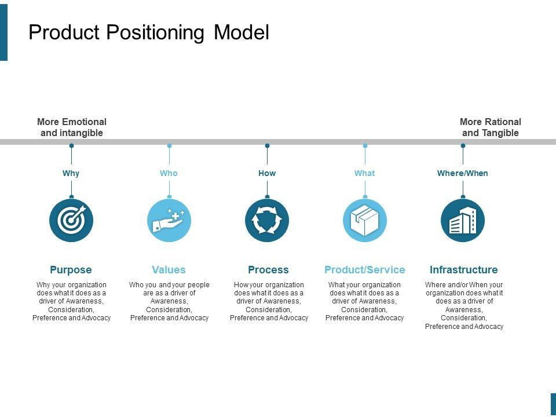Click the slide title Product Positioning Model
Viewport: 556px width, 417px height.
[149, 32]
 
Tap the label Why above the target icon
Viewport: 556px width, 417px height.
[71, 173]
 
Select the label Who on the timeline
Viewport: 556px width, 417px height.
[169, 173]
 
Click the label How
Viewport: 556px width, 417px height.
[267, 173]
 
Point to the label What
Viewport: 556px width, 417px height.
[364, 173]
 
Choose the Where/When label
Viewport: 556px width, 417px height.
[462, 173]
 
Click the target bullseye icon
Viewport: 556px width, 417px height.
[71, 220]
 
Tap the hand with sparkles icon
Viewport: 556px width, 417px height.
[169, 220]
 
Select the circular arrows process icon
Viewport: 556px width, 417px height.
[267, 220]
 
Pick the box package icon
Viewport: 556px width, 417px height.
[365, 220]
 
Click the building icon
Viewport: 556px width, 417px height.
[463, 220]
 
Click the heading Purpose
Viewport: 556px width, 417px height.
[71, 270]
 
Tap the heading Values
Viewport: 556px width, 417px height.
[169, 270]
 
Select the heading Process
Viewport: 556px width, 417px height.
[268, 270]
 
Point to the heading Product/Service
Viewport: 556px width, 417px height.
[365, 270]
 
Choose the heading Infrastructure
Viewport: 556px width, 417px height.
[463, 270]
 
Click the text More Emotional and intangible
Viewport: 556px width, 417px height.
[72, 127]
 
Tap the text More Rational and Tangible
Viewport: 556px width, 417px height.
[491, 127]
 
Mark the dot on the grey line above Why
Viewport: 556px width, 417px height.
[71, 146]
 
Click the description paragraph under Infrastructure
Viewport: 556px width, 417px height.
[464, 305]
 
